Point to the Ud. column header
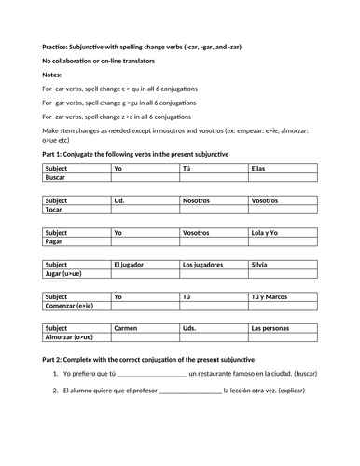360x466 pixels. [x=119, y=200]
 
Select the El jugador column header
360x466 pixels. [x=132, y=265]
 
